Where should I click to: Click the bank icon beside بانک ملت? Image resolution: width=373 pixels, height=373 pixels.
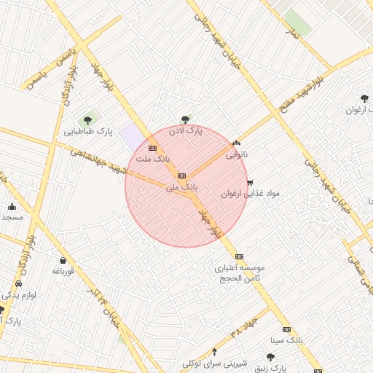click(152, 148)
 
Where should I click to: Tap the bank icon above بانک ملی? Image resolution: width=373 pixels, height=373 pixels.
click(181, 176)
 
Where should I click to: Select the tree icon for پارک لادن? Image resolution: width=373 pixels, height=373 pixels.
click(185, 119)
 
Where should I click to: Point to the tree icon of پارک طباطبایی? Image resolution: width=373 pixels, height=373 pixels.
click(88, 120)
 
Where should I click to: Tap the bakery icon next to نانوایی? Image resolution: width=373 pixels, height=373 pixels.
click(235, 144)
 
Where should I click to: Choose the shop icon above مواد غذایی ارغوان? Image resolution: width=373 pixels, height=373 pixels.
click(251, 183)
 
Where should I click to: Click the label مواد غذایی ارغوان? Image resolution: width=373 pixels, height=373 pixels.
click(251, 194)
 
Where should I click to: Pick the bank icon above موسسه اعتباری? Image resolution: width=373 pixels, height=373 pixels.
click(239, 256)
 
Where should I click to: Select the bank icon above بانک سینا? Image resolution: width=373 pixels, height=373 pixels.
click(286, 329)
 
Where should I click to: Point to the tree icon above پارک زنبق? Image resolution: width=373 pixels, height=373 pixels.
click(270, 357)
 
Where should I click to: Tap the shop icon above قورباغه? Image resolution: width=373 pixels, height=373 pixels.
click(63, 260)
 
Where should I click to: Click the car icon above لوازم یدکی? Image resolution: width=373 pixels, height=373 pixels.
click(18, 284)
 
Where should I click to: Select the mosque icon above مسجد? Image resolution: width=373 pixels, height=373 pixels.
click(12, 206)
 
